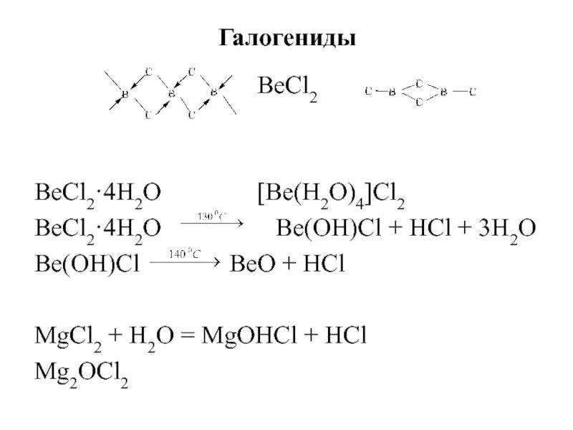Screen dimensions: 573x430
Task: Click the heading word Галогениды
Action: point(286,37)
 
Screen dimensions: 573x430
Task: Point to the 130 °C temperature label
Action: point(213,215)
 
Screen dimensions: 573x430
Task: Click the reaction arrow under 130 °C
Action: point(212,224)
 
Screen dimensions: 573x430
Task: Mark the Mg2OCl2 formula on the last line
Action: point(82,373)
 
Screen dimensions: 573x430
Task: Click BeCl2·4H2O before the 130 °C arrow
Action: point(97,229)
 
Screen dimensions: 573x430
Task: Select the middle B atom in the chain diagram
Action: point(170,92)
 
